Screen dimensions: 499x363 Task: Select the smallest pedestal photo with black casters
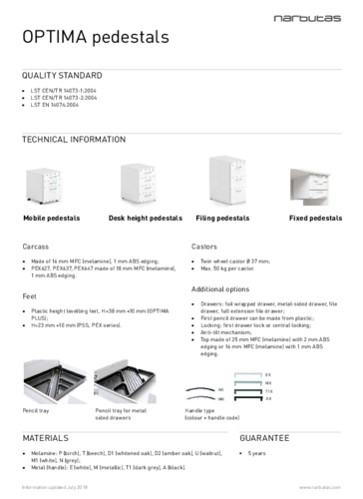click(x=45, y=187)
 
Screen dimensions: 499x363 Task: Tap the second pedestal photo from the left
click(x=140, y=185)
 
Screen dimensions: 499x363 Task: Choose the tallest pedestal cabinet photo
click(x=228, y=180)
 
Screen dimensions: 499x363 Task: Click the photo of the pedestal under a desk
click(x=312, y=187)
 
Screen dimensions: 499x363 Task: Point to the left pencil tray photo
click(x=55, y=382)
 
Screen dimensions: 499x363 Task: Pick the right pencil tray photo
click(x=125, y=382)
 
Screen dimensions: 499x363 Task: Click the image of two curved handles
click(x=200, y=393)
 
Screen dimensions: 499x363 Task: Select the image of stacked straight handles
click(x=245, y=386)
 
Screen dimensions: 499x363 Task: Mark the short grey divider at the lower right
click(x=290, y=432)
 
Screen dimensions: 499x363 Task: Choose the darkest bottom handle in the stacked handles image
click(x=245, y=398)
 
